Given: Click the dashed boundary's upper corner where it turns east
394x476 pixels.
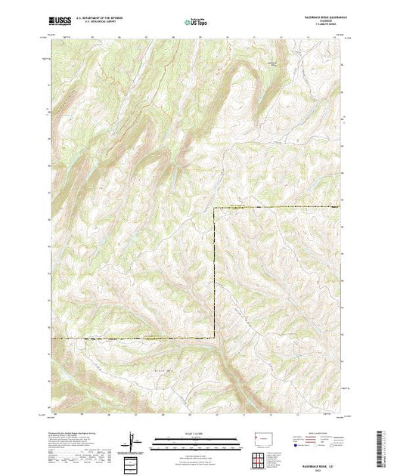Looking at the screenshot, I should [215, 208].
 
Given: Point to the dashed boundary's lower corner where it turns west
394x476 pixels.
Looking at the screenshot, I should [215, 338].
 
